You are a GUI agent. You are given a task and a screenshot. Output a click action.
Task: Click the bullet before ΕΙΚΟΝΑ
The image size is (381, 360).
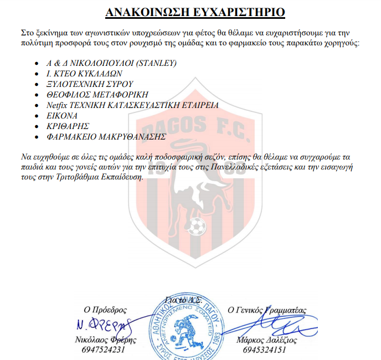tap(37, 115)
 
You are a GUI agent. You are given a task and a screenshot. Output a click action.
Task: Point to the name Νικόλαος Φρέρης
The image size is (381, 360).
tap(102, 340)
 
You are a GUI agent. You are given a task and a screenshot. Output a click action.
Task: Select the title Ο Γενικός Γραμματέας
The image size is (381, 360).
tap(267, 310)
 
